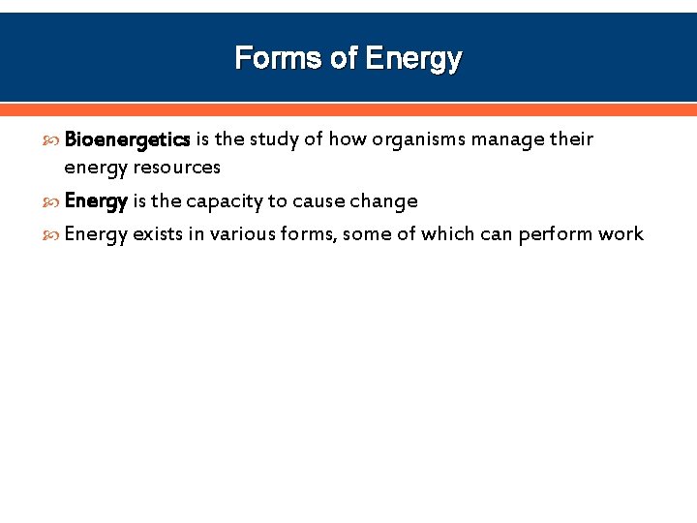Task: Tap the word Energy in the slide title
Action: [414, 59]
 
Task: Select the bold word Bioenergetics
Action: [127, 139]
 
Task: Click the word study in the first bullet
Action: [276, 139]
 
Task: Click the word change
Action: [384, 201]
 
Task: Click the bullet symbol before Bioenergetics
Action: [51, 140]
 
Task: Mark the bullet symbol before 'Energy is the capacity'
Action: [51, 202]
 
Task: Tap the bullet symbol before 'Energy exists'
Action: [51, 235]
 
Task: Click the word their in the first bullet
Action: [571, 139]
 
